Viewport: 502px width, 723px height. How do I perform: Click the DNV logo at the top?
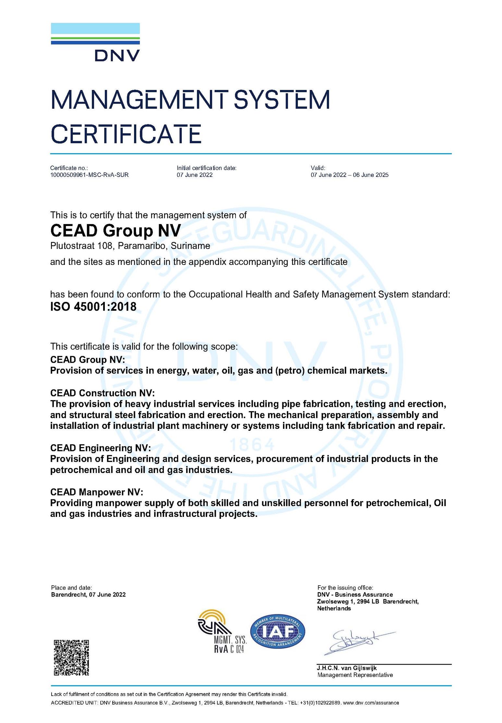point(95,42)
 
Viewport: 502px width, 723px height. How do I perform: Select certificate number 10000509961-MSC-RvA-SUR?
point(89,175)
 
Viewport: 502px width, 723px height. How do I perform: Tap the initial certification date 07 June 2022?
point(194,175)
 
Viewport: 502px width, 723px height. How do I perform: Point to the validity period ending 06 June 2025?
point(349,175)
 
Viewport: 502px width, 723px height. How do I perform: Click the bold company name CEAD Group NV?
point(116,231)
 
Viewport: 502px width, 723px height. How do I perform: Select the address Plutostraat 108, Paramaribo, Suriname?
point(130,246)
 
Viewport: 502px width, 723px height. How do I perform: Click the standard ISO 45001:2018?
point(93,306)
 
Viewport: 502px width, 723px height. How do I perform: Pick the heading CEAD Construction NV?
point(102,393)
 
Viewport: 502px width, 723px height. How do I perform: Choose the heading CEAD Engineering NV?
point(100,448)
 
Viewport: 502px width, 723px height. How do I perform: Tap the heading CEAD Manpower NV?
point(96,492)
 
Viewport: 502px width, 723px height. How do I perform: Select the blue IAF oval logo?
point(277,631)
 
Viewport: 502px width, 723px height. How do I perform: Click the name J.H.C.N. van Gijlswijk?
point(347,668)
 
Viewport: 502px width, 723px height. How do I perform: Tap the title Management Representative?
point(355,675)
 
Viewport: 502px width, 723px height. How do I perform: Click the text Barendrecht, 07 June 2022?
point(88,594)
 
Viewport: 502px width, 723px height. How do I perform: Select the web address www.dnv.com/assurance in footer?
point(371,703)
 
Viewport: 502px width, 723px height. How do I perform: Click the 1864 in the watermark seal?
point(251,445)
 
